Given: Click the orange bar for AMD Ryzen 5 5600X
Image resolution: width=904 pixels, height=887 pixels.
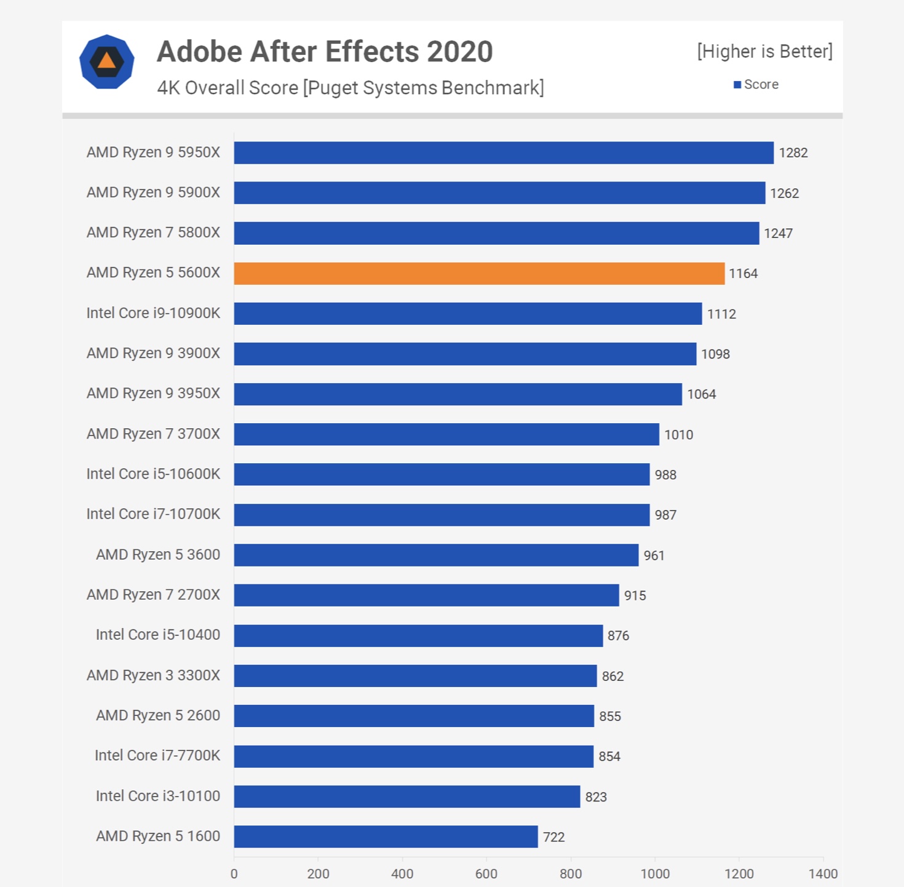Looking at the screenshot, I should tap(479, 274).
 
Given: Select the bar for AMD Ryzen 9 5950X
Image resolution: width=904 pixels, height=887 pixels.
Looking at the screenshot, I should tap(504, 153).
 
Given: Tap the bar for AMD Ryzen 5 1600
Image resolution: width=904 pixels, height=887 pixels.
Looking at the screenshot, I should tap(386, 837).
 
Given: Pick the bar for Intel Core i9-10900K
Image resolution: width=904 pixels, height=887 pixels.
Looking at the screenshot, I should tap(467, 314).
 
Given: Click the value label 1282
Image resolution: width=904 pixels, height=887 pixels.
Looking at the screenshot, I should tap(793, 153).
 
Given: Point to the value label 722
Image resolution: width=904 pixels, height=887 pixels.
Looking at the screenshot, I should tap(553, 837).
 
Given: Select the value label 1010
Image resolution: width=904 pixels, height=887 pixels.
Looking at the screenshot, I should tap(678, 435).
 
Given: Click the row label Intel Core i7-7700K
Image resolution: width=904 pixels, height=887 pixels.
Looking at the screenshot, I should tap(157, 755).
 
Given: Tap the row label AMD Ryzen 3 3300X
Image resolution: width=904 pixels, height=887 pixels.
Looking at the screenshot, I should tap(153, 675).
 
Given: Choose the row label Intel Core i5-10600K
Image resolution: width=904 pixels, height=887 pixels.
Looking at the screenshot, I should tap(153, 474).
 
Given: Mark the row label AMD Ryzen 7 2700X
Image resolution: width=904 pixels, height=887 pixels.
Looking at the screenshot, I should tap(153, 595).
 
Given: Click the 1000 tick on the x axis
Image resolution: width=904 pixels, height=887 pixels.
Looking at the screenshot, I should tap(655, 874).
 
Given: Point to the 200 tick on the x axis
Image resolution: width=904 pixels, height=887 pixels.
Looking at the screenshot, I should tap(318, 874).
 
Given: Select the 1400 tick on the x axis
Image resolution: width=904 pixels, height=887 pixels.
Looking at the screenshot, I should tap(823, 874).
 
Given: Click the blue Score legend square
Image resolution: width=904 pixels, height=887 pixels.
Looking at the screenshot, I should tap(737, 85).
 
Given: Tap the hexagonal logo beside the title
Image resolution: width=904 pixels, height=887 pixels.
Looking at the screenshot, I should tap(107, 62).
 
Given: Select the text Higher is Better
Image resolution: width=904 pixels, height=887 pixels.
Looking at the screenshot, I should tap(764, 52).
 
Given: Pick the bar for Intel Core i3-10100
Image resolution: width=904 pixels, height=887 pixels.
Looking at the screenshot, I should tap(406, 797).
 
